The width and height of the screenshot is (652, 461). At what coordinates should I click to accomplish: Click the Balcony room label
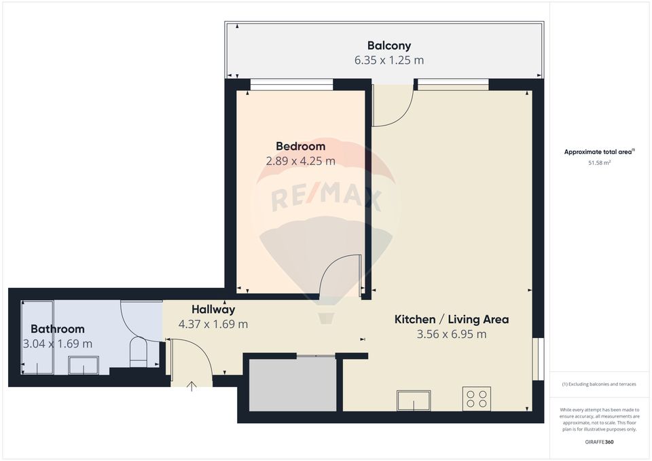tap(388, 45)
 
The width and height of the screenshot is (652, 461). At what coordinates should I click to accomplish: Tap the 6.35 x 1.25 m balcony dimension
tap(388, 60)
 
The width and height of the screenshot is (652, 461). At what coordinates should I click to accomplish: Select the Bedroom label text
tap(300, 146)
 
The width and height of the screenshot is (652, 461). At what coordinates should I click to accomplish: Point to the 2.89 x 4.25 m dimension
tap(300, 161)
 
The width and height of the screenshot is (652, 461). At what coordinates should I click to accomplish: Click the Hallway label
tap(213, 310)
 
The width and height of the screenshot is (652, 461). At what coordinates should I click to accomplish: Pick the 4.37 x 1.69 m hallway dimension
tap(213, 325)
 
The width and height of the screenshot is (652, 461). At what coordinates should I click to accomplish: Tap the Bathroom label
tap(58, 329)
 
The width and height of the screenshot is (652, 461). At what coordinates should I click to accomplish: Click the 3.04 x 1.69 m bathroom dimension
tap(58, 344)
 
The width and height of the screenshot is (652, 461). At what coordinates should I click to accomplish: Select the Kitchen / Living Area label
tap(452, 319)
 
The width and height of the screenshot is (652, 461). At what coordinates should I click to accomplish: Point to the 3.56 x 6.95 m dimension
tap(452, 334)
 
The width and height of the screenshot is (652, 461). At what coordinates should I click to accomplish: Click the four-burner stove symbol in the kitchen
tap(476, 399)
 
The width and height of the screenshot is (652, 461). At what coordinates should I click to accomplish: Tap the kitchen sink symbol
tap(414, 401)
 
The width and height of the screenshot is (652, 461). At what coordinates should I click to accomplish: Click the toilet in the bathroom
tap(139, 352)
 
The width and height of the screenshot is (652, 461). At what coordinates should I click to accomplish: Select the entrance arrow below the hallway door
tap(192, 386)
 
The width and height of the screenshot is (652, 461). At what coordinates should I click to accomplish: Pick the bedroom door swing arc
tap(340, 275)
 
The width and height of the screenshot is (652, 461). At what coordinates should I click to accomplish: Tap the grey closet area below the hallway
tap(293, 384)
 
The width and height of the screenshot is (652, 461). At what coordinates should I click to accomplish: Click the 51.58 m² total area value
tap(599, 163)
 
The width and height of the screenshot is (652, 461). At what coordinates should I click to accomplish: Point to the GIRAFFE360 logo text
tap(598, 442)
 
